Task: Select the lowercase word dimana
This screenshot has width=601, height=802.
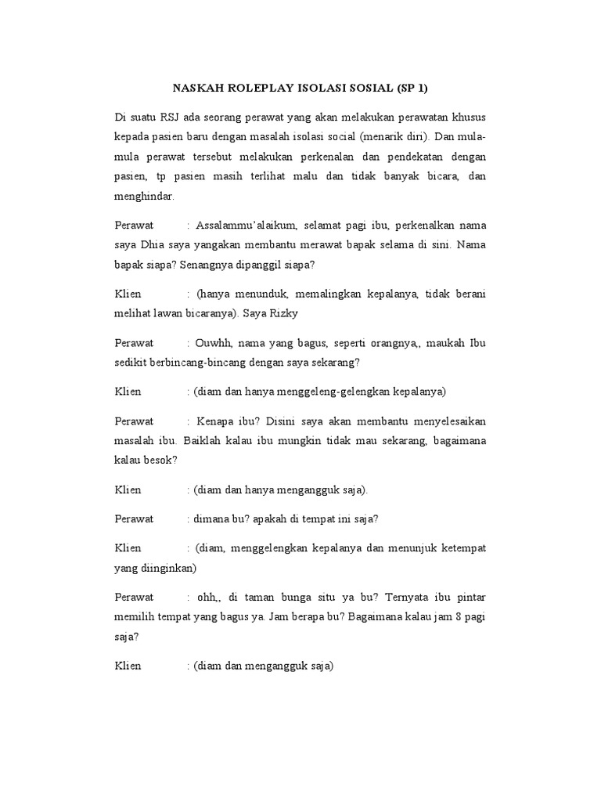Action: tap(210, 518)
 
